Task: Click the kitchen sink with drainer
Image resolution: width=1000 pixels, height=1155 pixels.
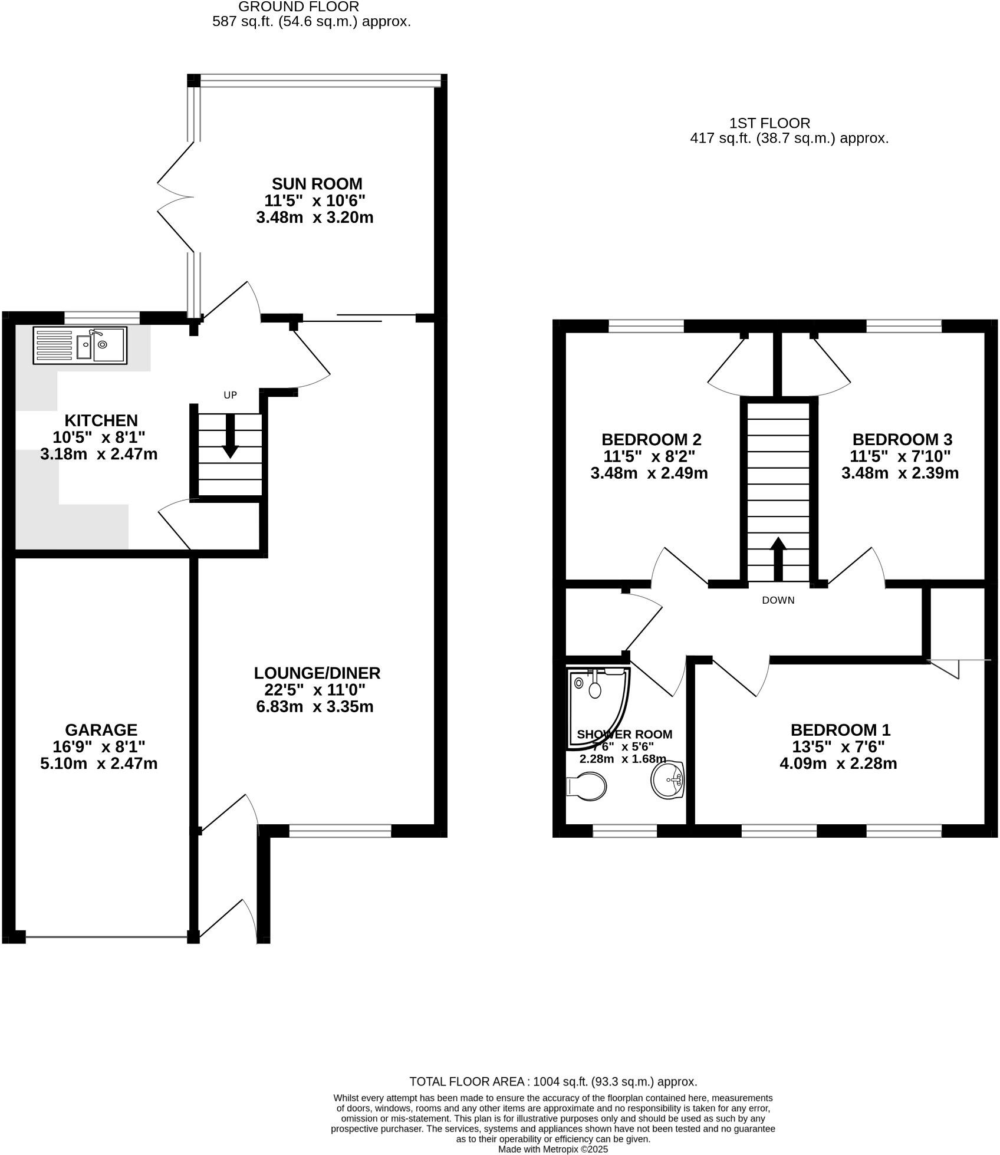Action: tap(80, 345)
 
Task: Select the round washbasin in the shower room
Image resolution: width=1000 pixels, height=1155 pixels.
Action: tap(668, 781)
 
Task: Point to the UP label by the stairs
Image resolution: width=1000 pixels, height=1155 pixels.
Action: tap(230, 395)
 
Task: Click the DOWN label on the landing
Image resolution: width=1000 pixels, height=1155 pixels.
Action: tap(778, 600)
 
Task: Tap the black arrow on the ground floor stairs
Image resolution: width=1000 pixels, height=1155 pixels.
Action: tap(230, 436)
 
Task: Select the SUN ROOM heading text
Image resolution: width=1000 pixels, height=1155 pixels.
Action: tap(317, 184)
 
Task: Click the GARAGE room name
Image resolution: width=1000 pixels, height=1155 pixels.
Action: tap(101, 730)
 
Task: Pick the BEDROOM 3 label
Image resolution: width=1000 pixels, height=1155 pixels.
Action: tap(902, 439)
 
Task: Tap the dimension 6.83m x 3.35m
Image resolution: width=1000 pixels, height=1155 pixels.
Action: tap(315, 706)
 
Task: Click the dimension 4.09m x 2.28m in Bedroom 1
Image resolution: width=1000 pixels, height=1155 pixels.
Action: tap(838, 764)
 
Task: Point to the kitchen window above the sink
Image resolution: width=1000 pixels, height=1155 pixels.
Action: tap(102, 318)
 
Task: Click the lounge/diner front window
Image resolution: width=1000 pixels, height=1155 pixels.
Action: tap(340, 831)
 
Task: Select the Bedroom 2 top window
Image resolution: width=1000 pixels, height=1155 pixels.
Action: tap(646, 325)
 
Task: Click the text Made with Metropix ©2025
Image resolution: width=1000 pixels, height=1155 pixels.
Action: tap(552, 1149)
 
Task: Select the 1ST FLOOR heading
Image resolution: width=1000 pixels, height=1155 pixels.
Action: tap(769, 123)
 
